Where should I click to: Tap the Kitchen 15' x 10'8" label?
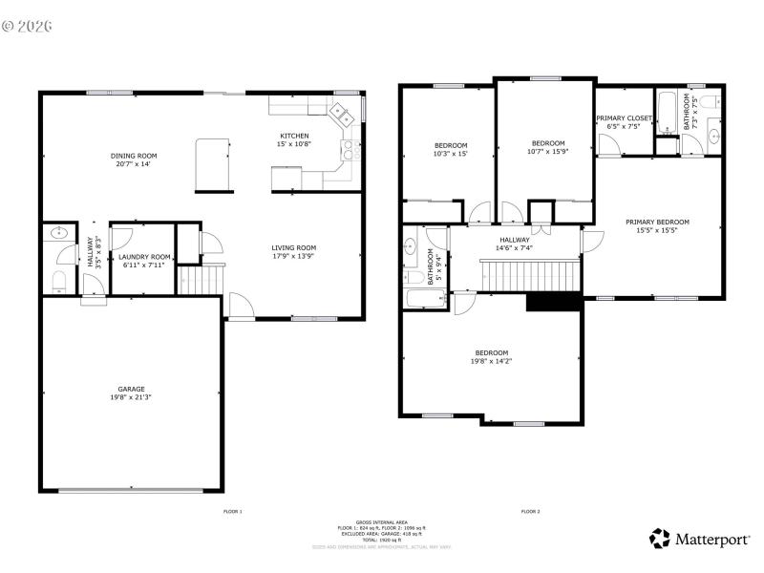click(294, 139)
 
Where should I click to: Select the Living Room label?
click(294, 252)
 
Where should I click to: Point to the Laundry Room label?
click(144, 260)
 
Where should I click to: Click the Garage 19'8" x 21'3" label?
click(132, 393)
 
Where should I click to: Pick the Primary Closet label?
click(625, 121)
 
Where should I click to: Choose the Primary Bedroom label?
click(657, 226)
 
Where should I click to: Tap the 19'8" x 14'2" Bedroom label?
click(492, 356)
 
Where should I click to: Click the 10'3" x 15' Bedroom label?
click(451, 149)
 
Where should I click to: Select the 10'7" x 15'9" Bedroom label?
click(548, 147)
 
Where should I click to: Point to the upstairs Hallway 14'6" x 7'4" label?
click(514, 244)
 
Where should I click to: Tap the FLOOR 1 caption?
click(232, 512)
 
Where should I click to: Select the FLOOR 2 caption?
click(530, 512)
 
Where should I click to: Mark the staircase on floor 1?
click(201, 280)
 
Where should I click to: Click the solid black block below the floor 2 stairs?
click(554, 301)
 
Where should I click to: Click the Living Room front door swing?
click(241, 306)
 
